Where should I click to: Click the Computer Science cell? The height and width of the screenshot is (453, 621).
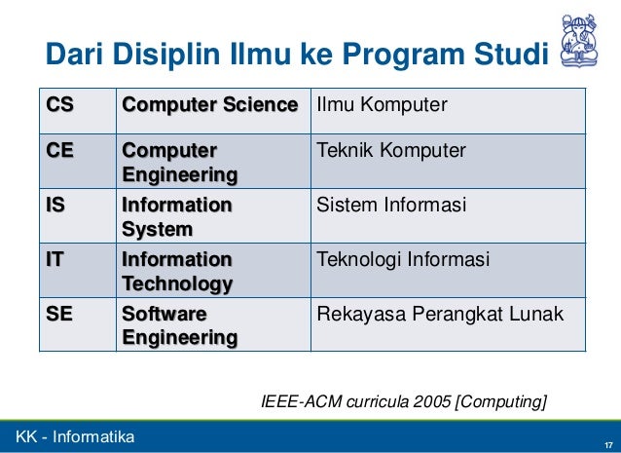pyautogui.click(x=209, y=105)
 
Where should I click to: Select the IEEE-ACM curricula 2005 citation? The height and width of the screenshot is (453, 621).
pyautogui.click(x=404, y=400)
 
